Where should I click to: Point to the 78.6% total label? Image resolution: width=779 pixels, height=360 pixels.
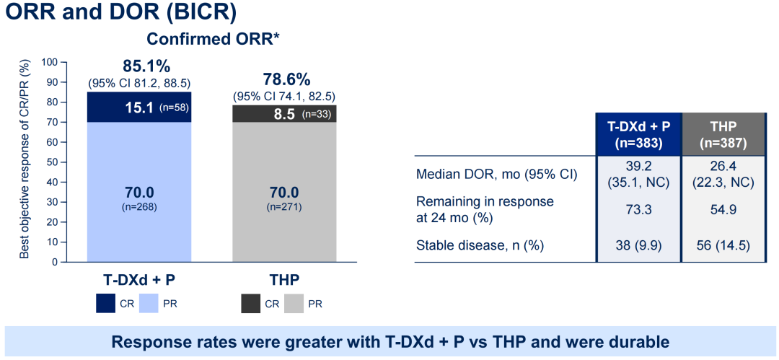pos(283,79)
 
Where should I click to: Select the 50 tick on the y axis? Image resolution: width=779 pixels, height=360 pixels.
pos(52,162)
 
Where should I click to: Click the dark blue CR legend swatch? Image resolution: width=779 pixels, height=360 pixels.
pos(107,304)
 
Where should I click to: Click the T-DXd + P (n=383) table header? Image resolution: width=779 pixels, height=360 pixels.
pos(638,133)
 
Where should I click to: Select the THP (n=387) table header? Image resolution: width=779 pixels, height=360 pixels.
pos(723,133)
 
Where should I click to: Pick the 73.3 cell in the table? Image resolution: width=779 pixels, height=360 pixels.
pos(638,208)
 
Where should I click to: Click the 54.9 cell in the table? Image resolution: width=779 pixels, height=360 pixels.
pos(723,208)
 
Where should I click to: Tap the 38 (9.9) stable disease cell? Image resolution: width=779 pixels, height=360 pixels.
pos(638,245)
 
